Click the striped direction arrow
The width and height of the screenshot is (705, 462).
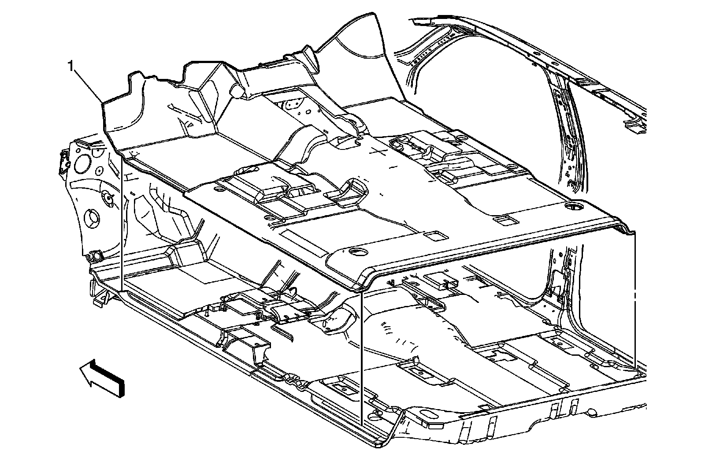pyautogui.click(x=102, y=377)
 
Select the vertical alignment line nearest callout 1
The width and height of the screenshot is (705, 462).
pyautogui.click(x=121, y=220)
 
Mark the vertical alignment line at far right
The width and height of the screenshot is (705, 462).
pyautogui.click(x=635, y=300)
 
